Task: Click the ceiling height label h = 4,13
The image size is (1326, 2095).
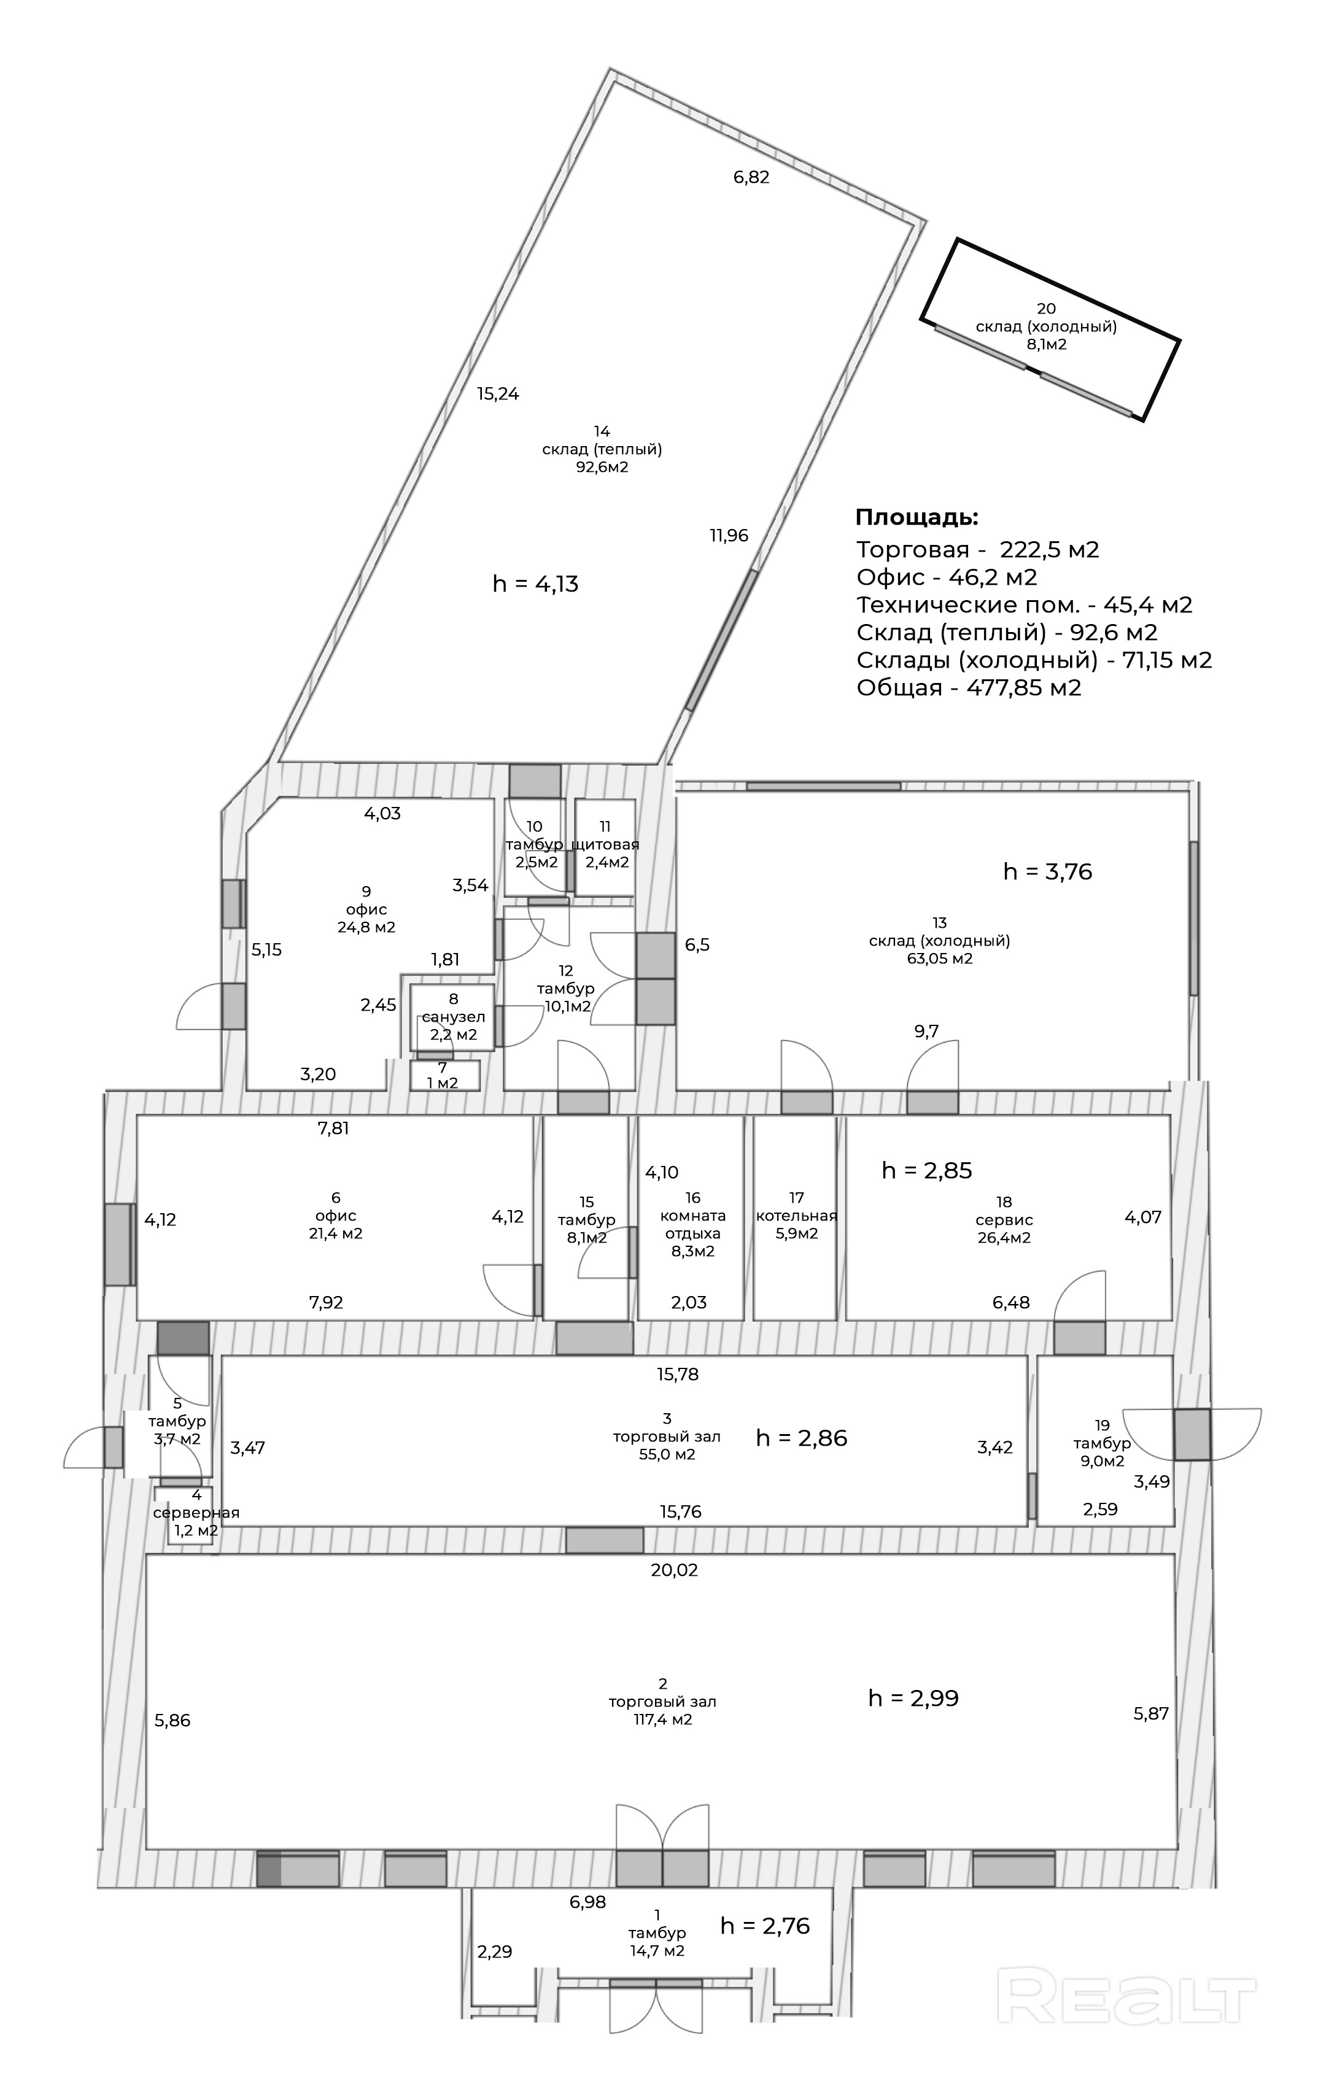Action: (x=535, y=584)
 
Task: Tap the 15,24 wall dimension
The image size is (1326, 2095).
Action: (x=498, y=394)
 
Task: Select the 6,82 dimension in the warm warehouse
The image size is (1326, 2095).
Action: (x=751, y=177)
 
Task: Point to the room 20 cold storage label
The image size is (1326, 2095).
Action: (x=1046, y=326)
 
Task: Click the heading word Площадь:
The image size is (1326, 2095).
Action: (x=917, y=518)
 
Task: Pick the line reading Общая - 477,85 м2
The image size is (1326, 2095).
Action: (x=968, y=688)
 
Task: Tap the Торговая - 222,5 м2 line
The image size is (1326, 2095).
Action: (x=977, y=550)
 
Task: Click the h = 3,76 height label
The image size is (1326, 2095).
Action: (x=1047, y=872)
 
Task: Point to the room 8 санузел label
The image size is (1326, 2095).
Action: (x=453, y=1017)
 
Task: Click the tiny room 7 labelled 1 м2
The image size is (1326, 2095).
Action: (x=442, y=1075)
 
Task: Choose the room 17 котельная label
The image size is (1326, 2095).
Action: (x=796, y=1216)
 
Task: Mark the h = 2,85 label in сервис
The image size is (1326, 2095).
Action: (x=926, y=1170)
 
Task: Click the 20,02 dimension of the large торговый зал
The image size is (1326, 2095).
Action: (x=674, y=1588)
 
